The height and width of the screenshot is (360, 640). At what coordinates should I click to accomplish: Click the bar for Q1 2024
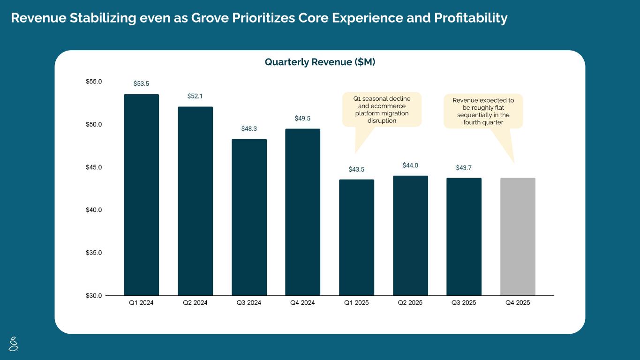click(141, 195)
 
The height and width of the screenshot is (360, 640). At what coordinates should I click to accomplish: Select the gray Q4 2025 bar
click(518, 236)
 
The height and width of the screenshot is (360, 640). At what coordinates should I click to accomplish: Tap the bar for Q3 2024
click(249, 217)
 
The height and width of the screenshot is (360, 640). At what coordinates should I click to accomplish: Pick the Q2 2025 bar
click(410, 235)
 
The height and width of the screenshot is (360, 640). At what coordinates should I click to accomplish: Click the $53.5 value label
click(141, 84)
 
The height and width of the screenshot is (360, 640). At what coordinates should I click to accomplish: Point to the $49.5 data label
click(302, 119)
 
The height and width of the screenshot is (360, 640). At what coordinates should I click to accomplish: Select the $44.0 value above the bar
click(410, 165)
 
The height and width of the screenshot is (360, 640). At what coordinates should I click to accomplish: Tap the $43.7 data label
click(464, 168)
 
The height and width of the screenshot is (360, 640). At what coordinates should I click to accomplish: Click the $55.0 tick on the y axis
click(93, 82)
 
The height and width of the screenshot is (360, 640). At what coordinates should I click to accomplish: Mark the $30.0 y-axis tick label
click(93, 296)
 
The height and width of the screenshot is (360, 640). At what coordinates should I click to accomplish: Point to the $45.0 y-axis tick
click(93, 167)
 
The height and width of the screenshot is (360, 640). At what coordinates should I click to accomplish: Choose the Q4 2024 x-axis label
click(302, 303)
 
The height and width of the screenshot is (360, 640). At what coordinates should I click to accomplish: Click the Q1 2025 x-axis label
click(356, 303)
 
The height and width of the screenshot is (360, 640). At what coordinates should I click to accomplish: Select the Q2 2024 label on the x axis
click(195, 303)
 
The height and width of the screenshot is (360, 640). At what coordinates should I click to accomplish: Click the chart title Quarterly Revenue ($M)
click(320, 62)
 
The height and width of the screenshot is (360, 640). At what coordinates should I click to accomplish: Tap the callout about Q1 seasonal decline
click(382, 109)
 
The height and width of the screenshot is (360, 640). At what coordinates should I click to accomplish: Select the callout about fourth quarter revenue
click(483, 111)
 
